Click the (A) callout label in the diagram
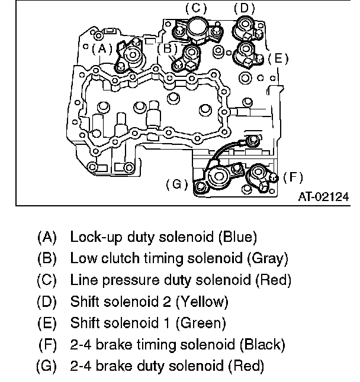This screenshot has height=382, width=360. tap(101, 48)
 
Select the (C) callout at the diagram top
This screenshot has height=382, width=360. tap(195, 8)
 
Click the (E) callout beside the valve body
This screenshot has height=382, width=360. tap(278, 59)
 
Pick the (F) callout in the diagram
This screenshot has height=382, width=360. tap(292, 176)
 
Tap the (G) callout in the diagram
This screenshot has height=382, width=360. tap(177, 184)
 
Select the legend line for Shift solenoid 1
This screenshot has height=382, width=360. tap(148, 323)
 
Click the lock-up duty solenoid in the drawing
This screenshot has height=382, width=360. tap(133, 58)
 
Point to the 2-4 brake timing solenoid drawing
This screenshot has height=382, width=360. tap(261, 176)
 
